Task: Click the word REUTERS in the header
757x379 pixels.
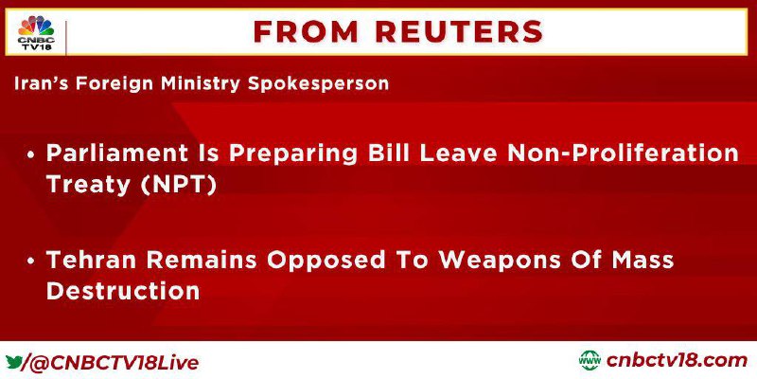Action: click(x=459, y=32)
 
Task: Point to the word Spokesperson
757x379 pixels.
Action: click(x=318, y=84)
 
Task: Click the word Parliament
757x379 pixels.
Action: click(x=116, y=153)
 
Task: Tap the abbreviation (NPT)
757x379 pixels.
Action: click(x=180, y=185)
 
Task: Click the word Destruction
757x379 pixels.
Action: click(x=123, y=291)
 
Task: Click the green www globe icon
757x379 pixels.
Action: click(x=590, y=361)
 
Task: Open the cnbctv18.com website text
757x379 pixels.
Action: click(x=677, y=361)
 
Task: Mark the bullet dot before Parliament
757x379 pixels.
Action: click(x=32, y=154)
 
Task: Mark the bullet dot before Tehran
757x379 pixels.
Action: click(x=32, y=262)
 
